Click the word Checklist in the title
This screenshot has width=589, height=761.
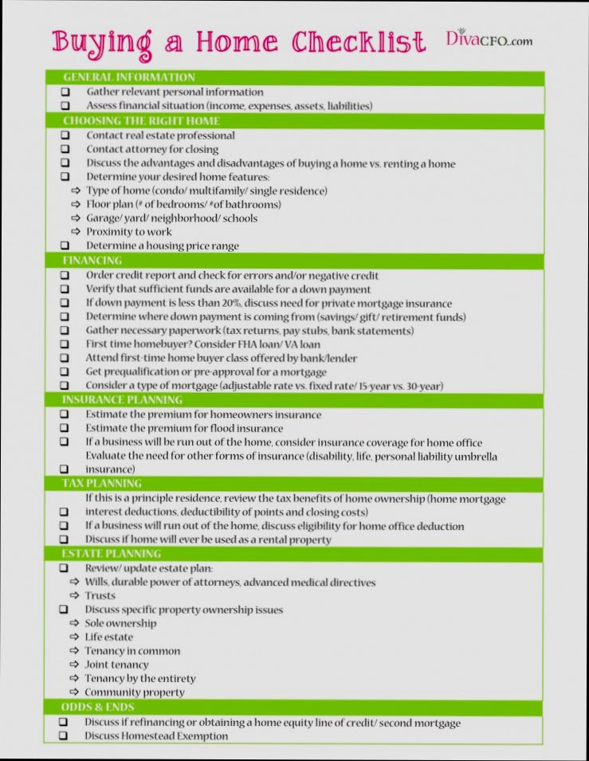coord(358,41)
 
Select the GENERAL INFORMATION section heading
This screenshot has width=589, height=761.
coord(128,77)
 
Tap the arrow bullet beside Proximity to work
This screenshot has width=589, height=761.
coord(76,232)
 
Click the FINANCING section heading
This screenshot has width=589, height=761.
coord(92,260)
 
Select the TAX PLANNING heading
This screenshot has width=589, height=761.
coord(102,483)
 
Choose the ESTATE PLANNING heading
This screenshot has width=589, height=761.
coord(111,553)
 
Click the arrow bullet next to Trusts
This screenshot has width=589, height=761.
coord(76,596)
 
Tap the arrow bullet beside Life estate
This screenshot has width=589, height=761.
coord(76,637)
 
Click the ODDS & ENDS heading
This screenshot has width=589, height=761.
coord(98,707)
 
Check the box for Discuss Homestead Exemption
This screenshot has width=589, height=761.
coord(63,736)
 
